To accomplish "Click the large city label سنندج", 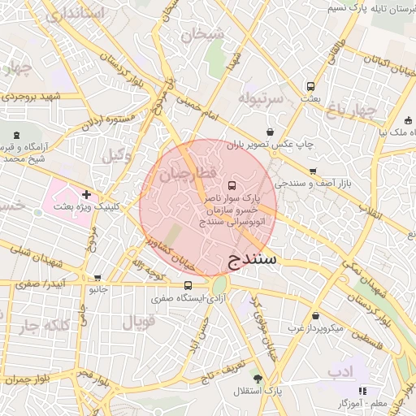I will point(249,260).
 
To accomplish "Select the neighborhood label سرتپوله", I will point(261,97).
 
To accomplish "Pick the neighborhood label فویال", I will point(138,323).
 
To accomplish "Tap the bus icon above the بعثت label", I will point(310,85).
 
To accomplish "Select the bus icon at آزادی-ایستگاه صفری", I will point(188,285).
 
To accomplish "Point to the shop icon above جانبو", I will point(97,277).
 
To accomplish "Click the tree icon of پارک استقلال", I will point(258,379).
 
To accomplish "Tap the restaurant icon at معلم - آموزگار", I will point(362,391).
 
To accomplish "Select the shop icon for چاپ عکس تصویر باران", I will point(270,132).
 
